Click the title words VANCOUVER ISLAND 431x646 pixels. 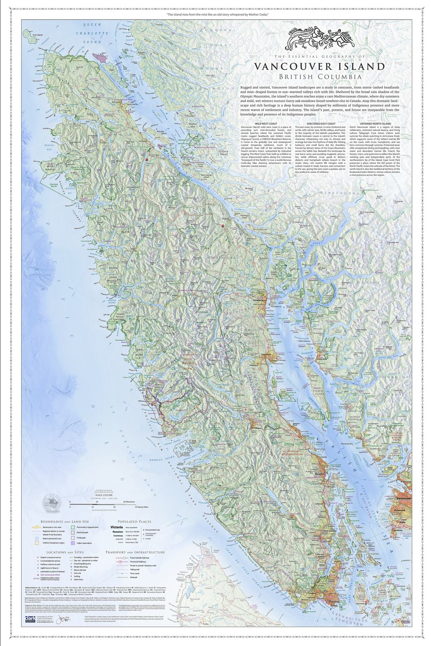pos(320,66)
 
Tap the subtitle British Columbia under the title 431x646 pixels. pos(320,76)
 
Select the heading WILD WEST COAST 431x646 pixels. pos(266,124)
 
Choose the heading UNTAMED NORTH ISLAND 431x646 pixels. pos(375,124)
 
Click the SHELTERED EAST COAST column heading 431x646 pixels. pos(321,124)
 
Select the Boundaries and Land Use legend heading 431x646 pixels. pos(65,522)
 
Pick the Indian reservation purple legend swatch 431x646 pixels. pos(73,543)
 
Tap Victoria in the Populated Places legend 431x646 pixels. pos(116,527)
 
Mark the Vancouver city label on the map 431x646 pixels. pos(403,498)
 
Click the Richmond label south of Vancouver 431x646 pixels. pos(400,509)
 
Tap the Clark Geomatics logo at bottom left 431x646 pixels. pos(30,619)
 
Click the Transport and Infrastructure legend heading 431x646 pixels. pos(135,552)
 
